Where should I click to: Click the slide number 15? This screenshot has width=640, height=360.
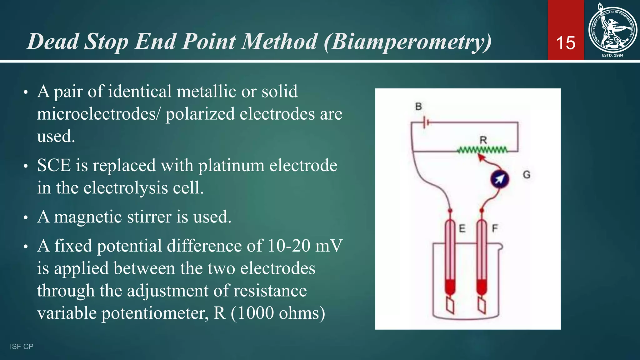566,43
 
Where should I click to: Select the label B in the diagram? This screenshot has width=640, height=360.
418,107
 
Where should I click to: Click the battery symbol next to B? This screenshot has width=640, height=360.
425,122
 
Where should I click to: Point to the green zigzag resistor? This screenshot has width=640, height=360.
483,150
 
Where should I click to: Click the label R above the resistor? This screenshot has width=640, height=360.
483,140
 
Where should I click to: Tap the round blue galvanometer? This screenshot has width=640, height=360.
499,179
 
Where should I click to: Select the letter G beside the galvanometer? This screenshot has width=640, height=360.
527,174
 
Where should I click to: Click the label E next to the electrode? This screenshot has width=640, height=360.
462,228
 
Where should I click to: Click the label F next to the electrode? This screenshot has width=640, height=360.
495,228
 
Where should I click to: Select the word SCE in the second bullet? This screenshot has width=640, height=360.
54,165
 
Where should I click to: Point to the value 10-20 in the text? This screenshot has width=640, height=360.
289,246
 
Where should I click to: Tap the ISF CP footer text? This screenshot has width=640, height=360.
22,346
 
